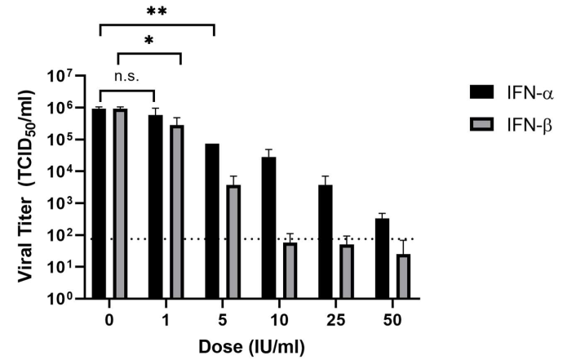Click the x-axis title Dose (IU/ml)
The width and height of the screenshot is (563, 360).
pyautogui.click(x=250, y=346)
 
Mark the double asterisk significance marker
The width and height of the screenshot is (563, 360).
pyautogui.click(x=156, y=12)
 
